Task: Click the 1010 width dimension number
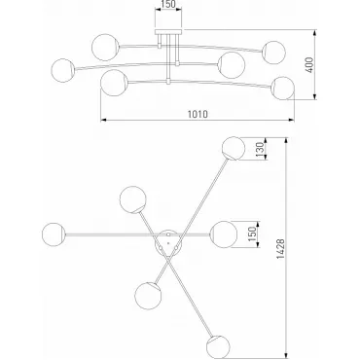(198, 114)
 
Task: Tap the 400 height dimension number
(309, 65)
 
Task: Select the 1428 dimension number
(281, 249)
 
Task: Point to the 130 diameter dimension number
(260, 150)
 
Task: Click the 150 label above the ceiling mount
(168, 4)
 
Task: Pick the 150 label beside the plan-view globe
(252, 234)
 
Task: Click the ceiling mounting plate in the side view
(168, 32)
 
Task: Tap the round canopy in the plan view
(168, 243)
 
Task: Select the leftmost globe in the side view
(63, 70)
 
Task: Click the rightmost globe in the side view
(282, 89)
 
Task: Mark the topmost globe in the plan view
(234, 149)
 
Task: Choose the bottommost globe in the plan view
(218, 347)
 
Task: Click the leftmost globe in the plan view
(54, 234)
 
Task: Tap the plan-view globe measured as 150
(224, 234)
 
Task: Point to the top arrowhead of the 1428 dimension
(286, 141)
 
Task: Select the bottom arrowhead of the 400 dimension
(314, 96)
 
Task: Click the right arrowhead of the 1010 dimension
(291, 120)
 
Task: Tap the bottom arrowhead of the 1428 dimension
(286, 355)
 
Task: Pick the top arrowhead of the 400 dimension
(314, 33)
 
